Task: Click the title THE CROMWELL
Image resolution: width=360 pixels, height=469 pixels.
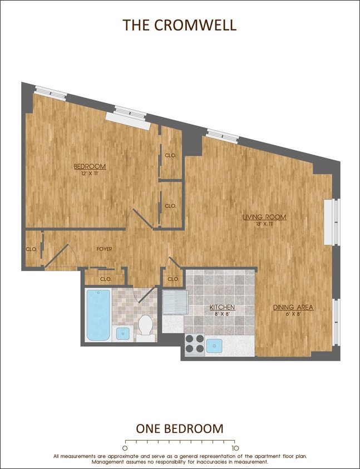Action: tap(180, 25)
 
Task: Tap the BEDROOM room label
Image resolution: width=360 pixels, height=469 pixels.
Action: tap(90, 166)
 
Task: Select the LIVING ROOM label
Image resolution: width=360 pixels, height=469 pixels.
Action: tap(264, 217)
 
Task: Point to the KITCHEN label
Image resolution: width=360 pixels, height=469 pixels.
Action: tap(222, 307)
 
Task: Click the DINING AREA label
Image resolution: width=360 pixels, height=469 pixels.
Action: tap(293, 307)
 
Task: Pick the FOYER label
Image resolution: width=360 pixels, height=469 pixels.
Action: tap(104, 249)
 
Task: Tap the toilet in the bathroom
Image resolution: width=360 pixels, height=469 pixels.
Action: tap(146, 325)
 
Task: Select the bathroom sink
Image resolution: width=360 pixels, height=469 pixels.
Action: tap(122, 333)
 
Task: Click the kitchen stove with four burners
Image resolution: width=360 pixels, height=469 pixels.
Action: tap(195, 343)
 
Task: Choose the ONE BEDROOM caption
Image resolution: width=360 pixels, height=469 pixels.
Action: tap(180, 428)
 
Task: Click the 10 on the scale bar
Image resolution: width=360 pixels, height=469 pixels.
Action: tap(235, 447)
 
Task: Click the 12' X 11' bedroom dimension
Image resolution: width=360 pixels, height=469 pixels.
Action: tap(90, 174)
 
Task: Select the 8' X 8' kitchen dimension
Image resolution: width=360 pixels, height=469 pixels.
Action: tap(222, 314)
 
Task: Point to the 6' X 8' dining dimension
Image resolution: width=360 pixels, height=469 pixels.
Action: tap(293, 314)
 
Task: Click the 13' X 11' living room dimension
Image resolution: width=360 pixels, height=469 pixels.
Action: tap(264, 224)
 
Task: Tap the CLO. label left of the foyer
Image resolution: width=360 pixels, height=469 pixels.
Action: tap(31, 249)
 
